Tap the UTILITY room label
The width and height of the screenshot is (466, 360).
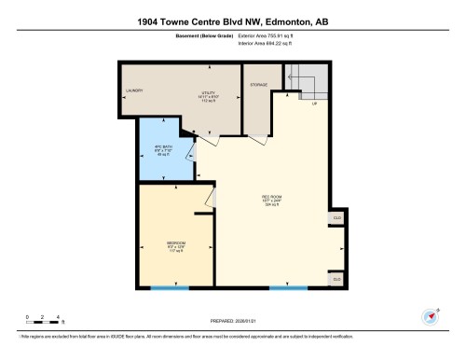tap(208, 96)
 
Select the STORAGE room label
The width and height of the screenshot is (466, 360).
tap(258, 85)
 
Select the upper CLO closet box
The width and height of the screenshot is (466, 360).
tap(336, 218)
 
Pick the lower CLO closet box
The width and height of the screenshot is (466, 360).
tap(336, 279)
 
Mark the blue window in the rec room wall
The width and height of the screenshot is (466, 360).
tap(289, 287)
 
